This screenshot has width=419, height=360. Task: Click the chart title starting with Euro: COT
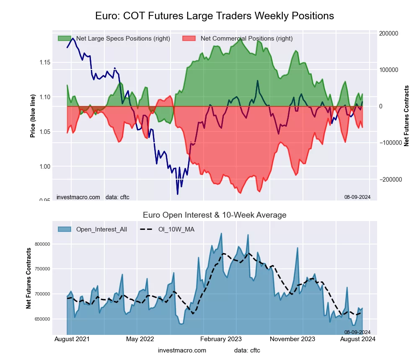tap(215, 16)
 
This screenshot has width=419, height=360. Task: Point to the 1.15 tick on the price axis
tap(43, 62)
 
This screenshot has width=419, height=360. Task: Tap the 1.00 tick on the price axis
tap(43, 167)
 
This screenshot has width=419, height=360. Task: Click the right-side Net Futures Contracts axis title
tap(406, 116)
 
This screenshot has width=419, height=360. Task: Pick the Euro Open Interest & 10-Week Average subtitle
tap(215, 215)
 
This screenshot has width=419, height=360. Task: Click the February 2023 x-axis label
tap(224, 339)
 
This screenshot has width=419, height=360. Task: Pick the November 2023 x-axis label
tap(292, 339)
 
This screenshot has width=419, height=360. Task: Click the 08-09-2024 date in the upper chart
tap(357, 197)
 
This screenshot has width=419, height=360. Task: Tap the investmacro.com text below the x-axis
tap(182, 350)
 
